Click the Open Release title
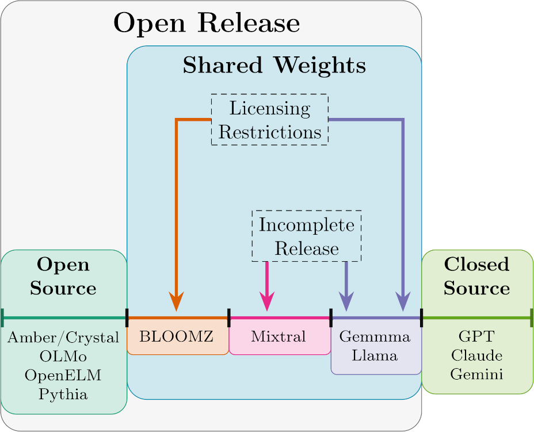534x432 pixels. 207,24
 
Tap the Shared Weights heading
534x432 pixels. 274,66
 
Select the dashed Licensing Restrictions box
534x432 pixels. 270,120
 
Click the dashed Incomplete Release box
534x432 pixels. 307,236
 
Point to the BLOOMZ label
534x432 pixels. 177,337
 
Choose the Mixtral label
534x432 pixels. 279,337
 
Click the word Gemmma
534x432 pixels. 375,337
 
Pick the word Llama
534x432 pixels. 375,355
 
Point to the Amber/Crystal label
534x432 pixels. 63,337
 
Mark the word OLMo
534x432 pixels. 63,356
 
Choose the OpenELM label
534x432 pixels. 63,375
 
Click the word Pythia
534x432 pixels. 63,394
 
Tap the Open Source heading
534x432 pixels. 63,276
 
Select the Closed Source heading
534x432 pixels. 476,276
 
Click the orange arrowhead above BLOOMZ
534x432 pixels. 177,301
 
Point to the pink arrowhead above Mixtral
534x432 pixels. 268,301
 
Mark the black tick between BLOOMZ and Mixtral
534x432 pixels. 229,317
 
